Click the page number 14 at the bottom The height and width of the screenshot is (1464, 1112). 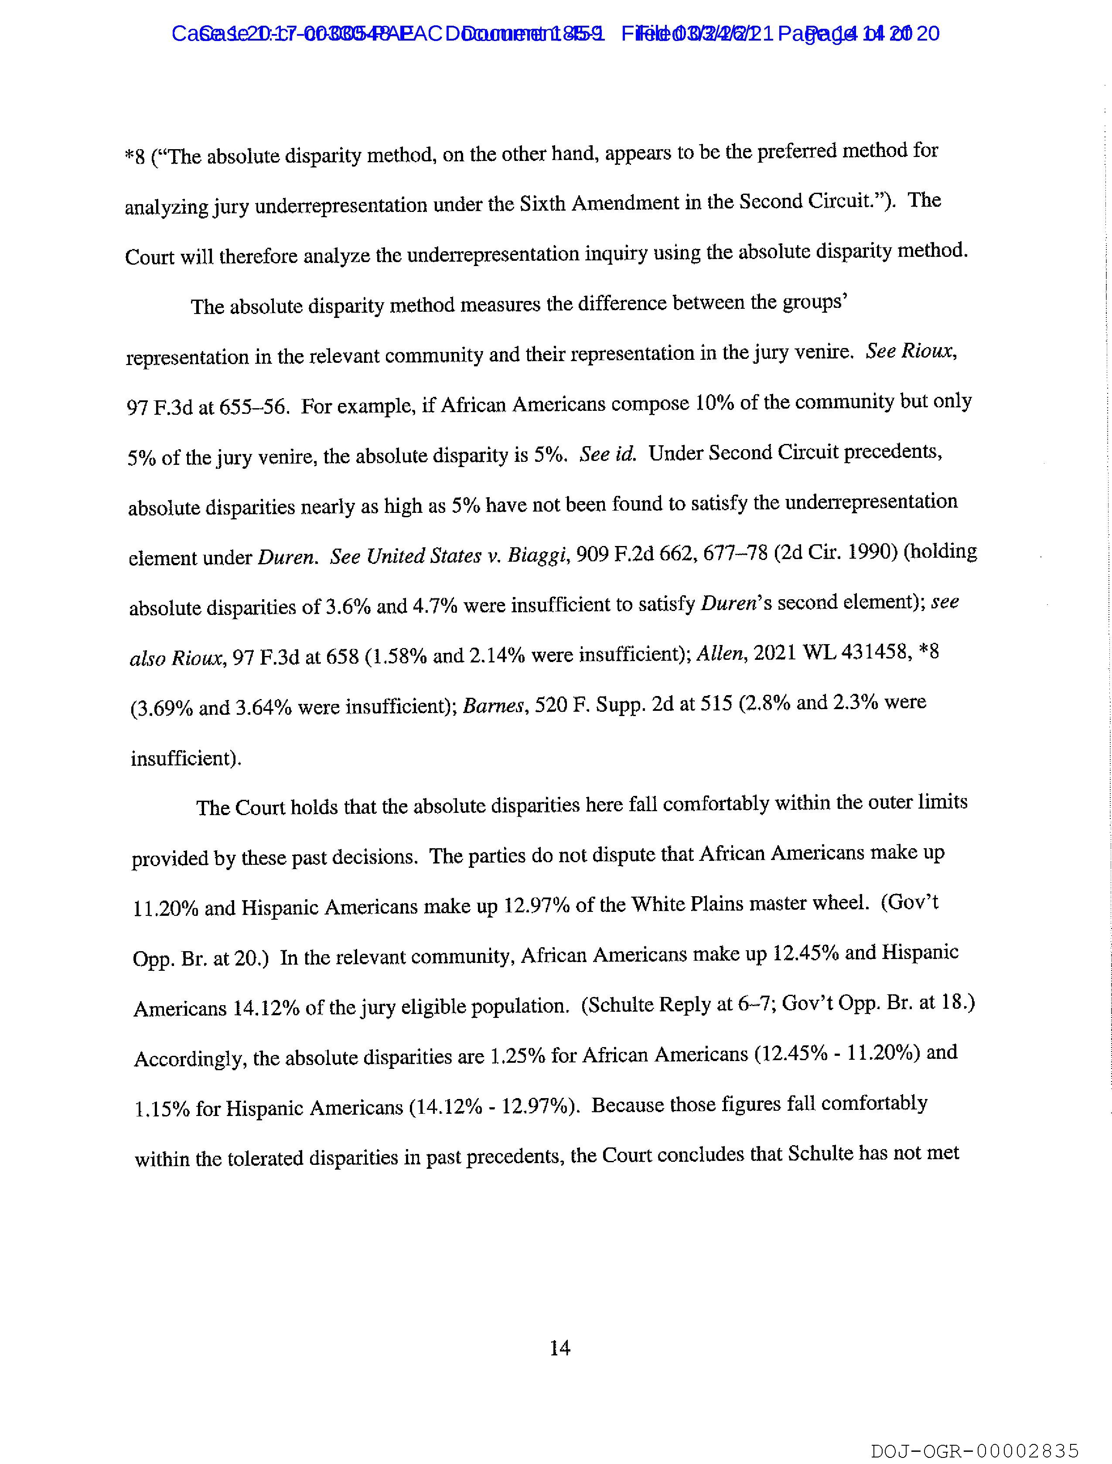(560, 1348)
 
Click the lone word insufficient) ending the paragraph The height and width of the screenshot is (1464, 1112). (186, 758)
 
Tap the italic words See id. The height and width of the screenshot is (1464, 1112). (607, 454)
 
